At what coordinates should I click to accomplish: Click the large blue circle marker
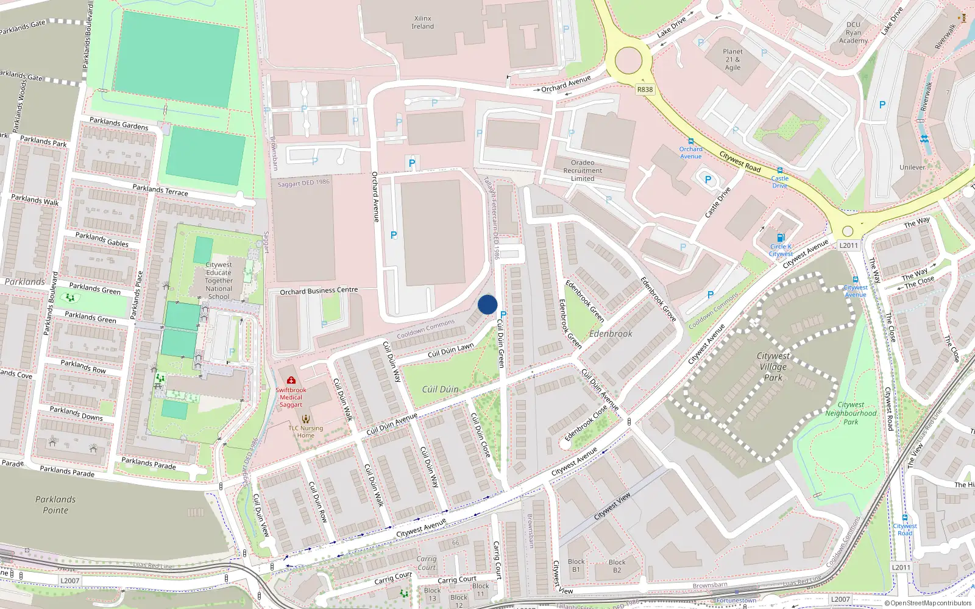click(x=487, y=304)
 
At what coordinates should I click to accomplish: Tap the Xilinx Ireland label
click(x=422, y=23)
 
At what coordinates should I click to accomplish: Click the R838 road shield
click(x=645, y=90)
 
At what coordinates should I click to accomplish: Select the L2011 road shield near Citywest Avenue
click(x=848, y=245)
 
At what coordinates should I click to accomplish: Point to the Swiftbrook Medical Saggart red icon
click(x=291, y=381)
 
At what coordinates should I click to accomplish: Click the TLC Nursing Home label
click(x=306, y=432)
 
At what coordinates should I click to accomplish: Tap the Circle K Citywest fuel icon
click(x=781, y=238)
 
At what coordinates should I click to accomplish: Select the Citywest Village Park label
click(x=773, y=367)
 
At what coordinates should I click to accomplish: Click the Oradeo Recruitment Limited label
click(x=583, y=171)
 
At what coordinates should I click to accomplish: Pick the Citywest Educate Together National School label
click(x=219, y=281)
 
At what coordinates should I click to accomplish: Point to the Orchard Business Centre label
click(x=319, y=291)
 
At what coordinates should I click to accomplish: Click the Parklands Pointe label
click(x=55, y=505)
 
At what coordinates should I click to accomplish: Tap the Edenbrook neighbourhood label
click(x=611, y=334)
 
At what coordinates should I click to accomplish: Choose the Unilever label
click(x=912, y=167)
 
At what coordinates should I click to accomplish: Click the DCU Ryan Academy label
click(x=853, y=33)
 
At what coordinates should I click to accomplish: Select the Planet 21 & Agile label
click(x=732, y=60)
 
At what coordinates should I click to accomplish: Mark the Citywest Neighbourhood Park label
click(x=851, y=413)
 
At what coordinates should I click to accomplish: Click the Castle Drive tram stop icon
click(x=779, y=171)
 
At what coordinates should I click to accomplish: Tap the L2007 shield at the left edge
click(x=70, y=580)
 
